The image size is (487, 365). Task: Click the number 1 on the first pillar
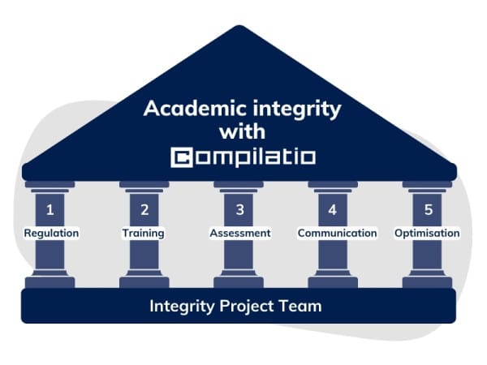[x=50, y=210]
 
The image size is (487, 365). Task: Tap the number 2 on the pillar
[x=144, y=210]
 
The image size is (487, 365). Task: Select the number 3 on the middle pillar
[x=239, y=210]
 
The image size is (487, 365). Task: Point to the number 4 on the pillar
[x=333, y=210]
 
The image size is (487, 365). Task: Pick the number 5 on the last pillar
[x=429, y=210]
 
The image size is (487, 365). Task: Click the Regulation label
[x=52, y=233]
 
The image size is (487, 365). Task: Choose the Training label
[x=143, y=233]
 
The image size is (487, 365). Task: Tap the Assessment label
[x=240, y=233]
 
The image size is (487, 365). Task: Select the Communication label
[x=338, y=233]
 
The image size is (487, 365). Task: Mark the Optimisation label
[x=427, y=233]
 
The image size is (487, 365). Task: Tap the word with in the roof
[x=242, y=131]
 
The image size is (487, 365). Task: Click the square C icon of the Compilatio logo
[x=182, y=157]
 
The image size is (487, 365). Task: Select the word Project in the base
[x=247, y=307]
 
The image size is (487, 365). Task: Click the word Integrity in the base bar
[x=183, y=307]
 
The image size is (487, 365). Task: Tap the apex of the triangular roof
[x=239, y=26]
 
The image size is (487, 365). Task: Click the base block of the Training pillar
[x=144, y=282]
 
